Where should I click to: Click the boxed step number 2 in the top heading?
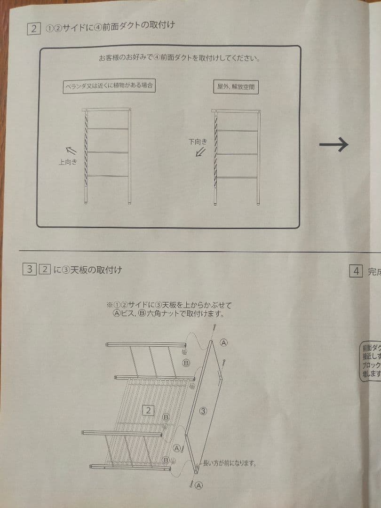(34, 29)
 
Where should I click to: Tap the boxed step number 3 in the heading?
(29, 270)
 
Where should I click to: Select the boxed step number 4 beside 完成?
(356, 271)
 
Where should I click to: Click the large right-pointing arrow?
(333, 144)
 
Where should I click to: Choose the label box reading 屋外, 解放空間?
(236, 87)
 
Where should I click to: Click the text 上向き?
(67, 162)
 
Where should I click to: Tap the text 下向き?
(198, 142)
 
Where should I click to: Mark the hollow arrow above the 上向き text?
(71, 151)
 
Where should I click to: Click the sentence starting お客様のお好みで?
(180, 59)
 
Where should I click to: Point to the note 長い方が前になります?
(229, 463)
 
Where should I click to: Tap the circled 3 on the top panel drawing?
(203, 411)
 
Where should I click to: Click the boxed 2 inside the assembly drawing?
(148, 411)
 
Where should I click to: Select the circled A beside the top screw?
(224, 342)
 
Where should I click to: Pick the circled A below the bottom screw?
(199, 485)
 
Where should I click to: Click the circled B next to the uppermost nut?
(186, 363)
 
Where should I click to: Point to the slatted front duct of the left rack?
(86, 146)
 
